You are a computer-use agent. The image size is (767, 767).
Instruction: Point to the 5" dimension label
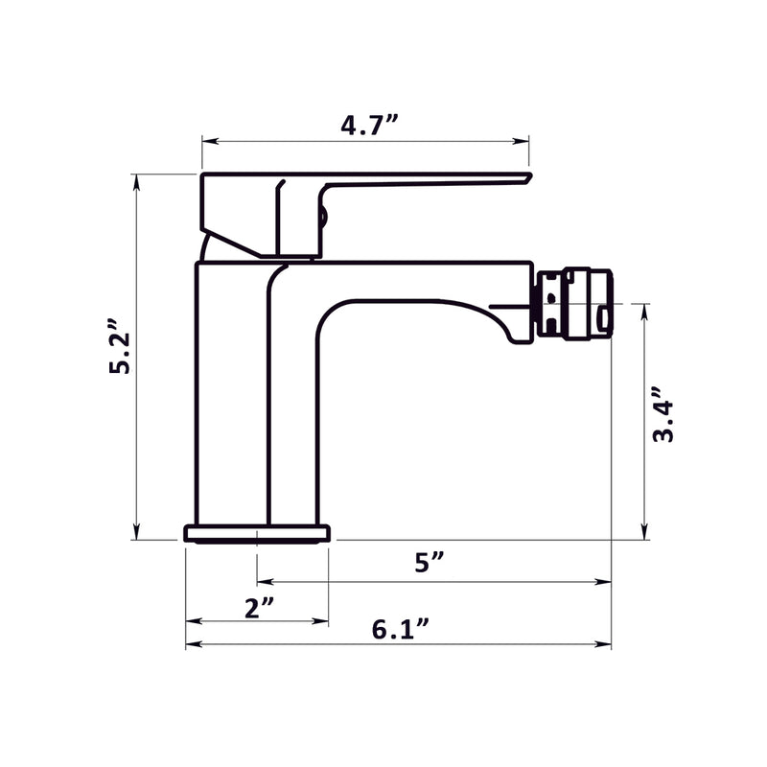point(430,563)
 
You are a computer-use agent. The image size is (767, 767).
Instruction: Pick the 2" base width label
point(259,608)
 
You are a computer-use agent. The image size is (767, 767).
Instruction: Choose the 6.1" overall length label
point(400,630)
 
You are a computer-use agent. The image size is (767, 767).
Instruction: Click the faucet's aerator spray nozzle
point(573,302)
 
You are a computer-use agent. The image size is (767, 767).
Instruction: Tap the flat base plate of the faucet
point(257,533)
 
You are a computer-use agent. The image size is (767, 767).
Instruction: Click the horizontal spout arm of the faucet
point(412,280)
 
